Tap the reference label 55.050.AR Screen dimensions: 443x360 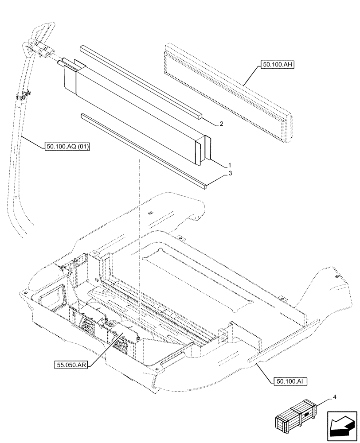pyautogui.click(x=71, y=365)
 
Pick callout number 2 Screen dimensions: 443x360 pyautogui.click(x=221, y=124)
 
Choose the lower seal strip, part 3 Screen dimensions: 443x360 pyautogui.click(x=142, y=151)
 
